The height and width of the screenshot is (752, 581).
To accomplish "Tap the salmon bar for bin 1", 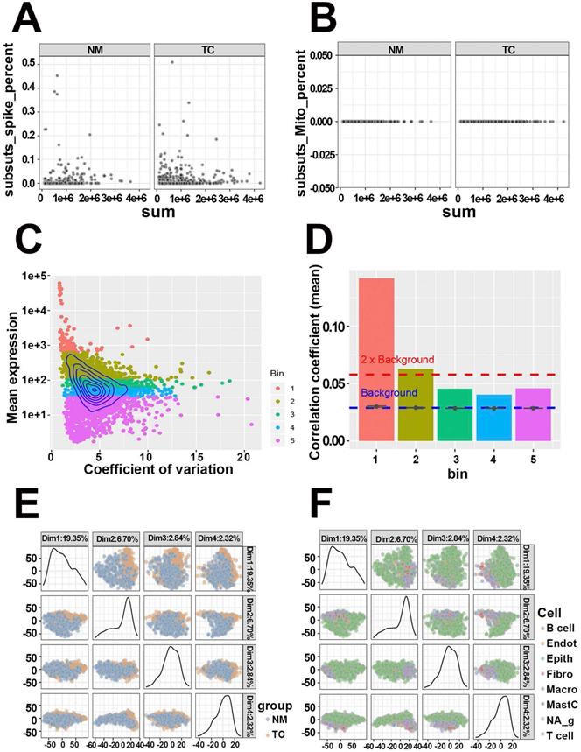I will click(376, 359).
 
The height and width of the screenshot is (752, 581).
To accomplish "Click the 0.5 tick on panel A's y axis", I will click(28, 61).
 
